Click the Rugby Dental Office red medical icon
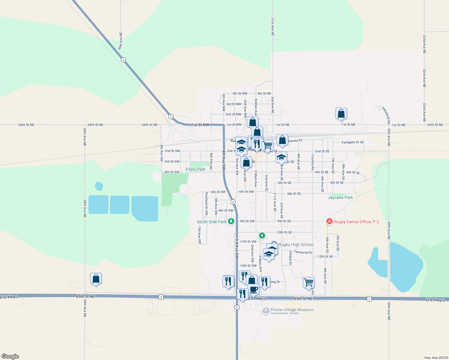330,222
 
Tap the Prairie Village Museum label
292,310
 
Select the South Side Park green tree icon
231,221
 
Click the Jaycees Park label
340,197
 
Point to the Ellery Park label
195,169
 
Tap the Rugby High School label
296,245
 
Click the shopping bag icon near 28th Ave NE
96,278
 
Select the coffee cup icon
254,289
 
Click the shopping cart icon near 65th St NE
309,282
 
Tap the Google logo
10,356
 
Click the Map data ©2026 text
435,358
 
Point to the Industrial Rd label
386,115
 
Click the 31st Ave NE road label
273,27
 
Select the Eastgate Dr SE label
353,142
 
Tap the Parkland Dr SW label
206,204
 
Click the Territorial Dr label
303,252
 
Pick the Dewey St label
295,140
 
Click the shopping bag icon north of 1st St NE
341,113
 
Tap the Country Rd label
312,162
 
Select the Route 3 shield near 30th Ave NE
123,60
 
